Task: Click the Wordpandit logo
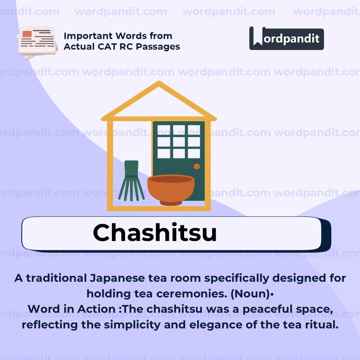point(286,39)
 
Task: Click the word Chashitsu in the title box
point(155,232)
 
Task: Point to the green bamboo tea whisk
point(131,182)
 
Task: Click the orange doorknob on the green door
point(197,166)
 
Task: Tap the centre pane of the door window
point(179,142)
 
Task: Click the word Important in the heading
point(84,36)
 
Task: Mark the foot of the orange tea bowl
point(171,203)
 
